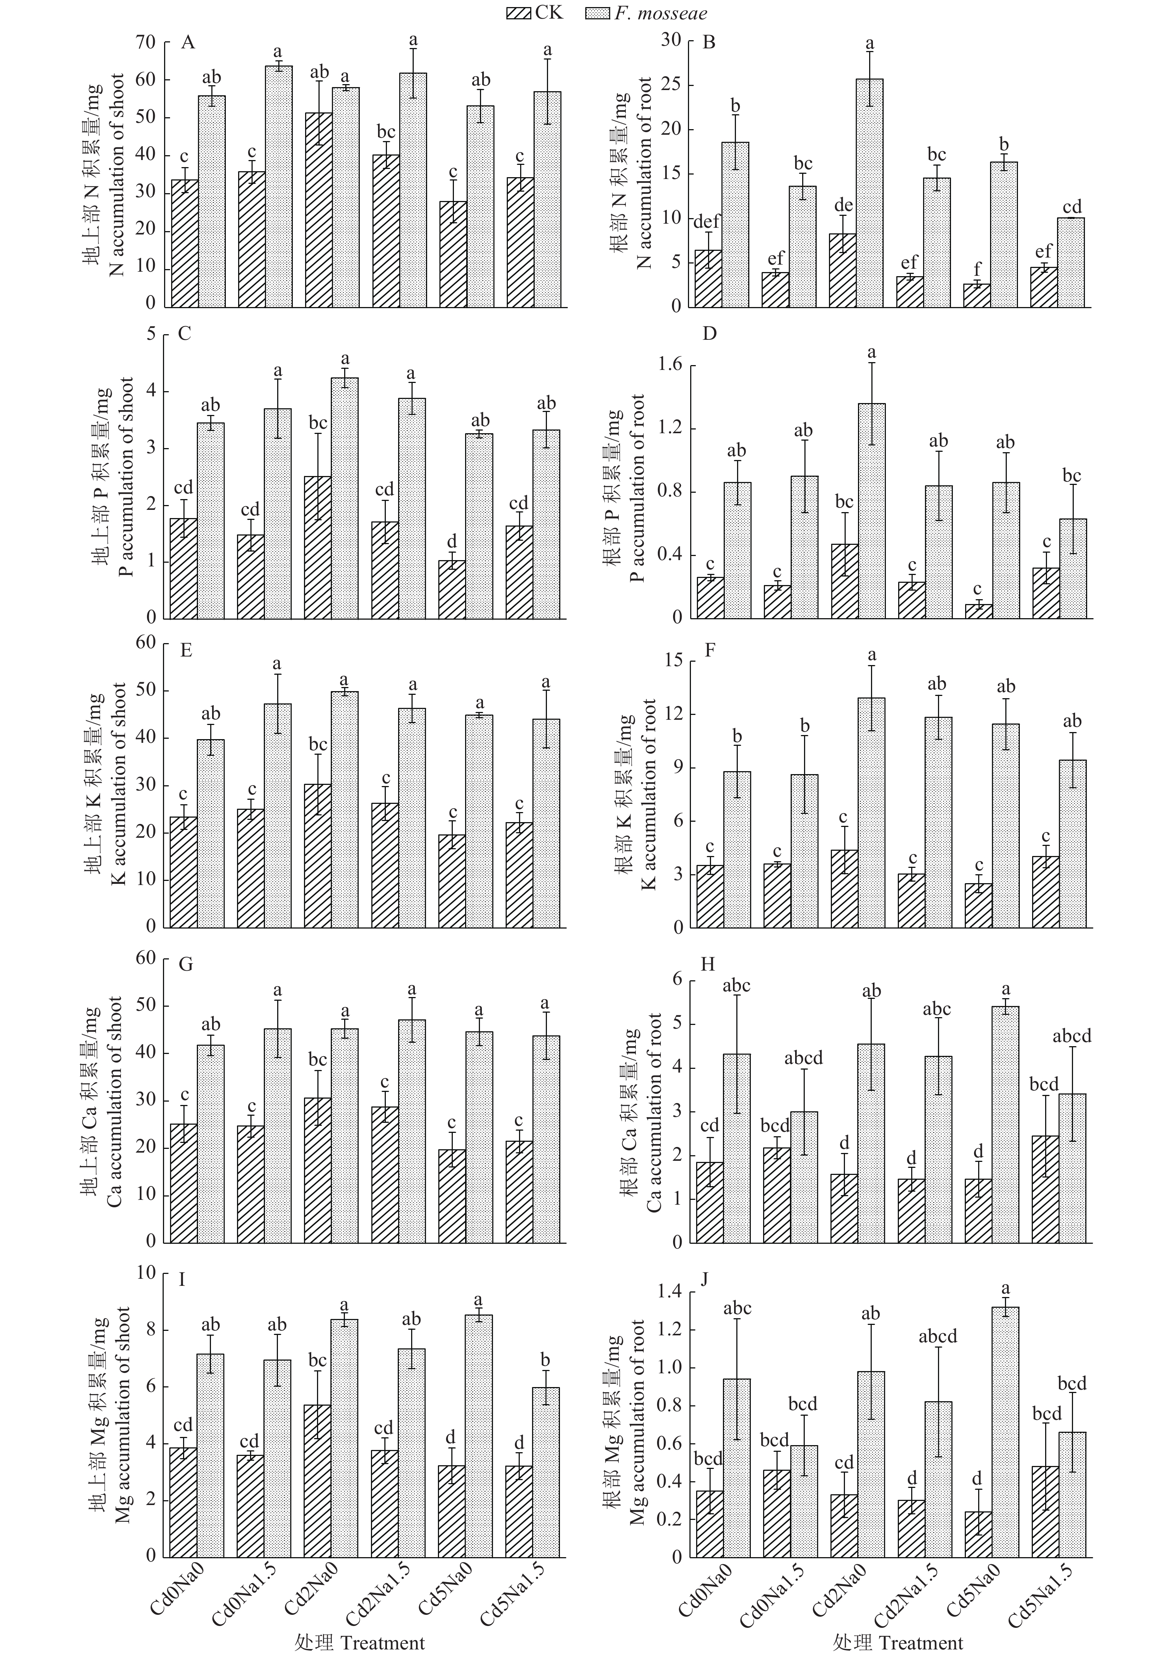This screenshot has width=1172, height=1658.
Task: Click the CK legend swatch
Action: tap(519, 13)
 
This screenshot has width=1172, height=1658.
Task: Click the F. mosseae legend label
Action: tap(661, 13)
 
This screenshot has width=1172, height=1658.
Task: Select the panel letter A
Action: tap(188, 42)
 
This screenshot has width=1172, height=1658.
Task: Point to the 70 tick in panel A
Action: tap(145, 42)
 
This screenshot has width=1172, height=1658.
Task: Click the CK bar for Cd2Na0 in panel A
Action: tap(318, 210)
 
